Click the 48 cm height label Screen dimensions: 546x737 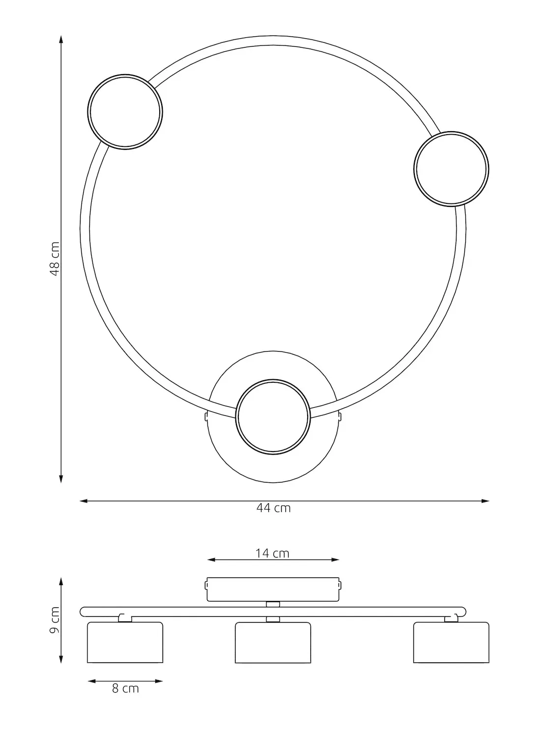click(x=55, y=259)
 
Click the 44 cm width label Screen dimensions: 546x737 click(x=274, y=508)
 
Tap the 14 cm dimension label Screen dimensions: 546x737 click(x=272, y=554)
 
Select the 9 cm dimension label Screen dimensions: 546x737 click(x=55, y=620)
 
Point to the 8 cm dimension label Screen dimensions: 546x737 click(x=125, y=688)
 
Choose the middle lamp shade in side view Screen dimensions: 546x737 click(x=273, y=643)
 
